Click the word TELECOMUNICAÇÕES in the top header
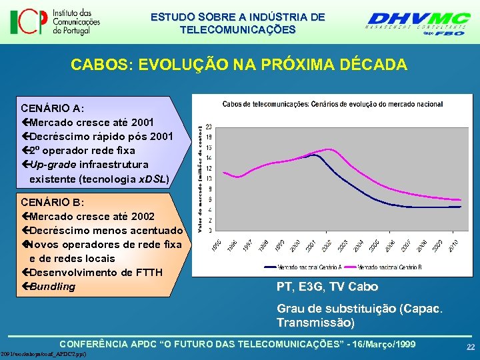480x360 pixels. point(237,29)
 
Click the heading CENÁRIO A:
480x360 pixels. point(52,108)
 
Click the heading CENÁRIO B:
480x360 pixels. point(52,202)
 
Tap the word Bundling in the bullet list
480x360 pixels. point(53,287)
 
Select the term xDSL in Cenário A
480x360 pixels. point(153,179)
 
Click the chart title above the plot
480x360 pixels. point(332,104)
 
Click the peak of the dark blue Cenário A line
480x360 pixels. point(312,155)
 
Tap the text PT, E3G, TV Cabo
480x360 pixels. point(327,287)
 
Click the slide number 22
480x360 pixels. point(471,347)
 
